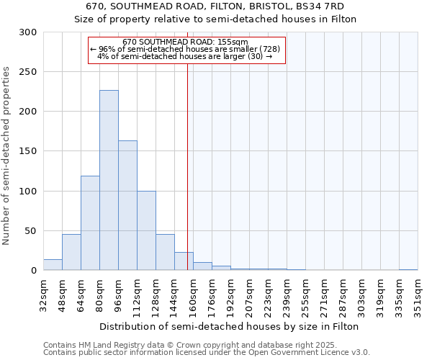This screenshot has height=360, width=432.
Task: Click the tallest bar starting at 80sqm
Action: pos(109,180)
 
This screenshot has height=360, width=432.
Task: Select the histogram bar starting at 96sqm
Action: pos(127,205)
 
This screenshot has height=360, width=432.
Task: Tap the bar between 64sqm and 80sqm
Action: pos(90,223)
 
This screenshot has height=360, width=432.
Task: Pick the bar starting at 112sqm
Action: pos(146,230)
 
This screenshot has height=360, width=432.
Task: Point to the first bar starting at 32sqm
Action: pos(53,265)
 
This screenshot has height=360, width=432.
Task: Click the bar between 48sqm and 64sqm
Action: pos(71,252)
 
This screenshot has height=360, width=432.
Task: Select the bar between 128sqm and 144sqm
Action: pos(165,252)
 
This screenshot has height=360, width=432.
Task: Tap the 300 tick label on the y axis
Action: pos(28,32)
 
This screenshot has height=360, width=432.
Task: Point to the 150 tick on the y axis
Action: pos(28,151)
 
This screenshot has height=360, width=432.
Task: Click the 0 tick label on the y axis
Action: pos(33,271)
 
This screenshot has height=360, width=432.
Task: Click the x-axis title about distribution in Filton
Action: pos(230,326)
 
